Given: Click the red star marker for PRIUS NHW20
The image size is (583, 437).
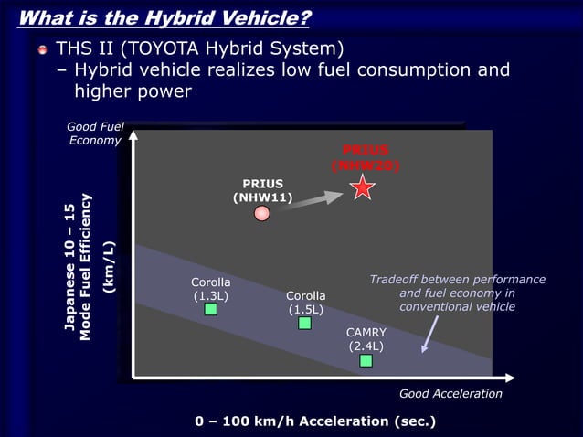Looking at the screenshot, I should [x=363, y=188].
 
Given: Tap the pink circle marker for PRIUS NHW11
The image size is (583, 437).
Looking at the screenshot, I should [x=262, y=214].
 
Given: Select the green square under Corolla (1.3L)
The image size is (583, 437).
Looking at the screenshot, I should [x=210, y=309].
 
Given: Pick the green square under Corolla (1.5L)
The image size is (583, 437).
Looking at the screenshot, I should [x=305, y=323].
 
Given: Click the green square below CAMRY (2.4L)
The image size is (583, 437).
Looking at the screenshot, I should [x=366, y=360].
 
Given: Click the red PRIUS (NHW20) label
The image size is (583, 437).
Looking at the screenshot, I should [x=366, y=157].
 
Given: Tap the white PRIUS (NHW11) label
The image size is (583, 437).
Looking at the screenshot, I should [x=262, y=189].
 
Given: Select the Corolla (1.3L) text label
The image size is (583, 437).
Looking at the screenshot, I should [x=210, y=288].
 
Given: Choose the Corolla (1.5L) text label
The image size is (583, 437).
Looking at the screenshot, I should [x=305, y=303].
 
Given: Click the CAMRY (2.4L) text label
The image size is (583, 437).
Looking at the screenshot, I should [x=366, y=339].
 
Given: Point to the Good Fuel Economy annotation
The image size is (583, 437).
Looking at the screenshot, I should [x=95, y=133].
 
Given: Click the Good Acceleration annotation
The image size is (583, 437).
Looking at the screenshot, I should [x=450, y=393].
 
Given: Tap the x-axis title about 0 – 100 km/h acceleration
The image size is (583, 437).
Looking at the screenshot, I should [x=315, y=421].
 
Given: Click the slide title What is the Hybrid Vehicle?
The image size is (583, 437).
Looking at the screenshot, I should [x=164, y=17].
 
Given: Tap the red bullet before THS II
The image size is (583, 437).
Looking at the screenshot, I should [x=40, y=48].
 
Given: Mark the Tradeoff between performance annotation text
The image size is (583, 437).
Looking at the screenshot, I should [x=457, y=293].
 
